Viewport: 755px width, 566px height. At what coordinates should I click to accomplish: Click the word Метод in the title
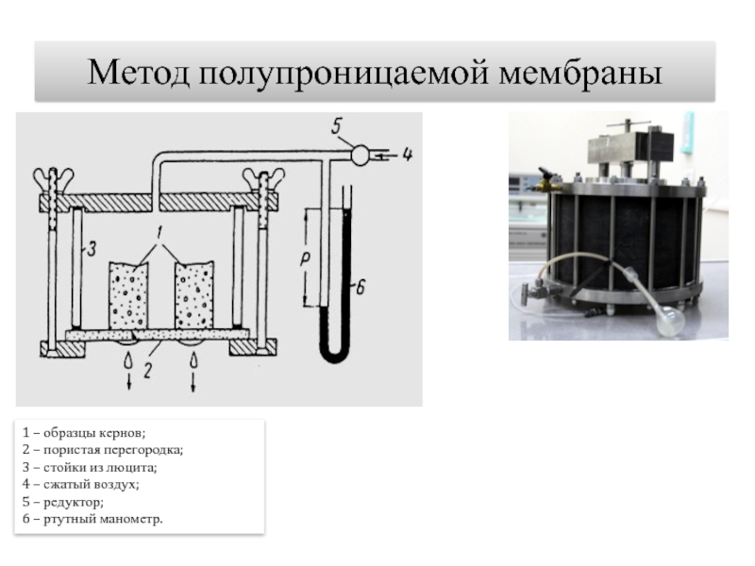click(139, 71)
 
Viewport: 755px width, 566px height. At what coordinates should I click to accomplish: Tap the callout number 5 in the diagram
click(338, 127)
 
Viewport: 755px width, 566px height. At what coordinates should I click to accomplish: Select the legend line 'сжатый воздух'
click(85, 484)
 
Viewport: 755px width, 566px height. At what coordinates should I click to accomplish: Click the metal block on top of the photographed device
click(625, 148)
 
